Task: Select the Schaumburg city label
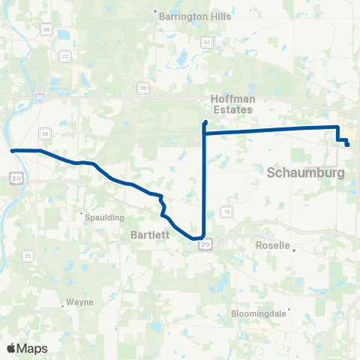click(306, 173)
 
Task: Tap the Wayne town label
click(79, 302)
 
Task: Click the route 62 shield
click(206, 42)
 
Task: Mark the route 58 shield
click(46, 133)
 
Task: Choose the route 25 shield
click(28, 256)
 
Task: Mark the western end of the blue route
click(12, 151)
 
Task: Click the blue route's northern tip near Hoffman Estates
click(205, 121)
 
